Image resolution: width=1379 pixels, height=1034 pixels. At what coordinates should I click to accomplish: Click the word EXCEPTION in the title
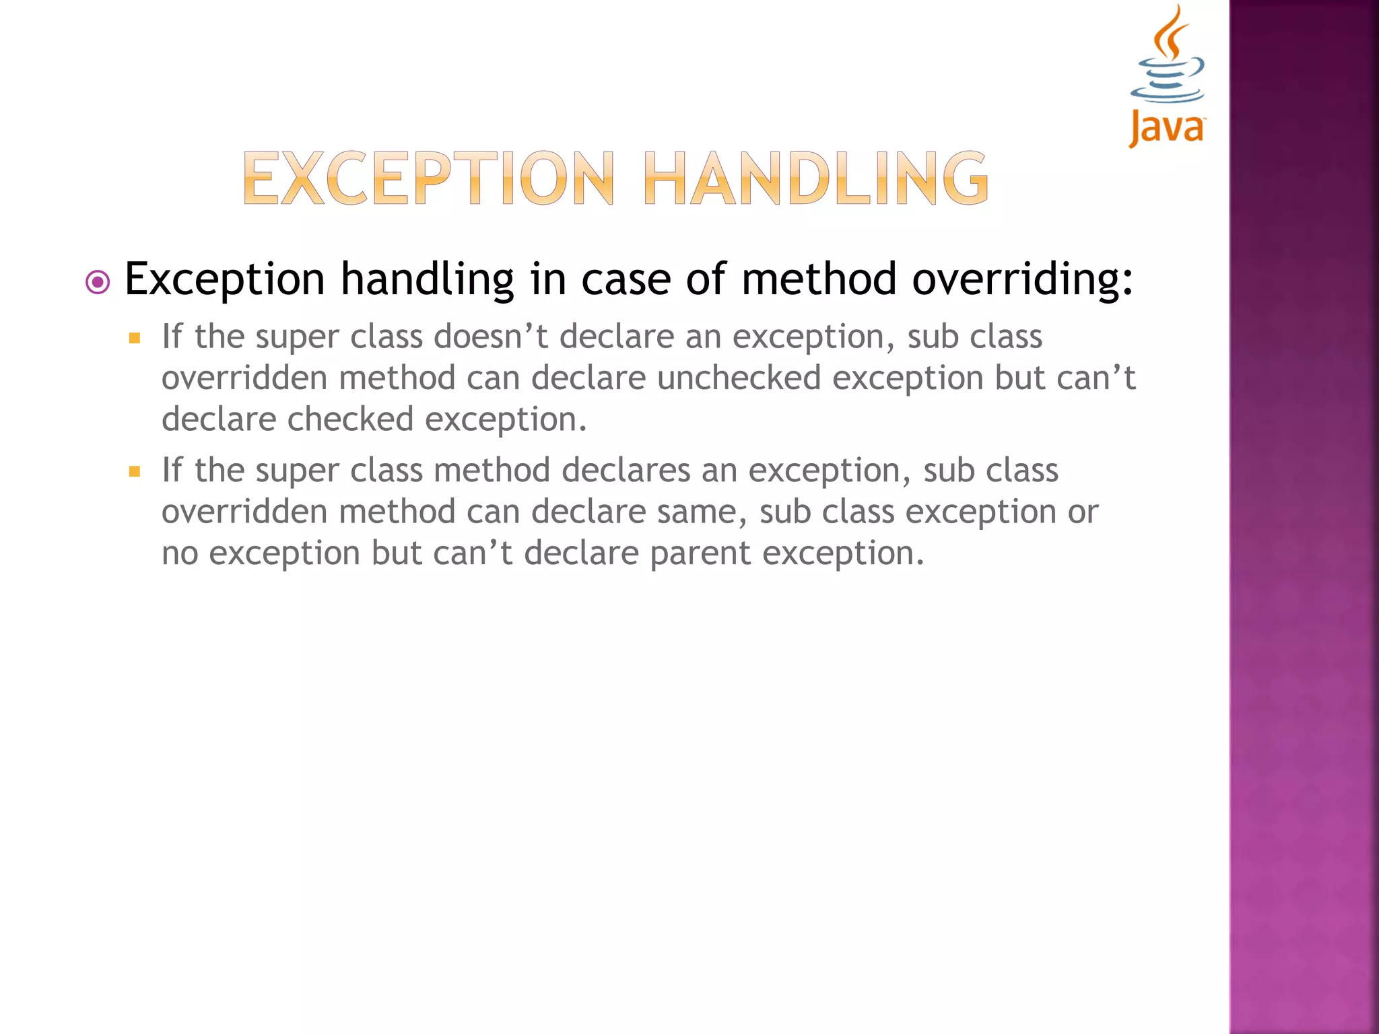428,178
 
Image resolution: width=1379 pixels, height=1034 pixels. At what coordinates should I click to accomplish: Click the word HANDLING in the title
815,178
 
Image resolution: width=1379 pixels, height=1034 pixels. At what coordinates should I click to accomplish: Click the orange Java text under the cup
1167,128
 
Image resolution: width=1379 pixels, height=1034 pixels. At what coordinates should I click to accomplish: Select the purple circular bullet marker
98,282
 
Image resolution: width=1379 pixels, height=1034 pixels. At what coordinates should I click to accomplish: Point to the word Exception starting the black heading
225,279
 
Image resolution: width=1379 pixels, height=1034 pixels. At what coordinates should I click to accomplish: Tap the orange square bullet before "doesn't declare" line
135,338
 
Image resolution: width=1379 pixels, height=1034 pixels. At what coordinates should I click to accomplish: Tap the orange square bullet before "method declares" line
135,471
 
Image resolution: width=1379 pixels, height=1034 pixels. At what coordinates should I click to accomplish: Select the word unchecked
739,378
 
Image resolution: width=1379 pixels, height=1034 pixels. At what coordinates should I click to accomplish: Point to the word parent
700,554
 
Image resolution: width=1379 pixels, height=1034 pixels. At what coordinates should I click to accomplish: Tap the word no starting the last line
180,554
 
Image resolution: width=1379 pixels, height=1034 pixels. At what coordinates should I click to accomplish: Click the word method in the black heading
819,279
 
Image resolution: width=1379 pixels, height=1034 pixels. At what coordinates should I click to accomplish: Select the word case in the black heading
626,279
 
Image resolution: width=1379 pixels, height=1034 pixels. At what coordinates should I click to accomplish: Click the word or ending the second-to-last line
1083,512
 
